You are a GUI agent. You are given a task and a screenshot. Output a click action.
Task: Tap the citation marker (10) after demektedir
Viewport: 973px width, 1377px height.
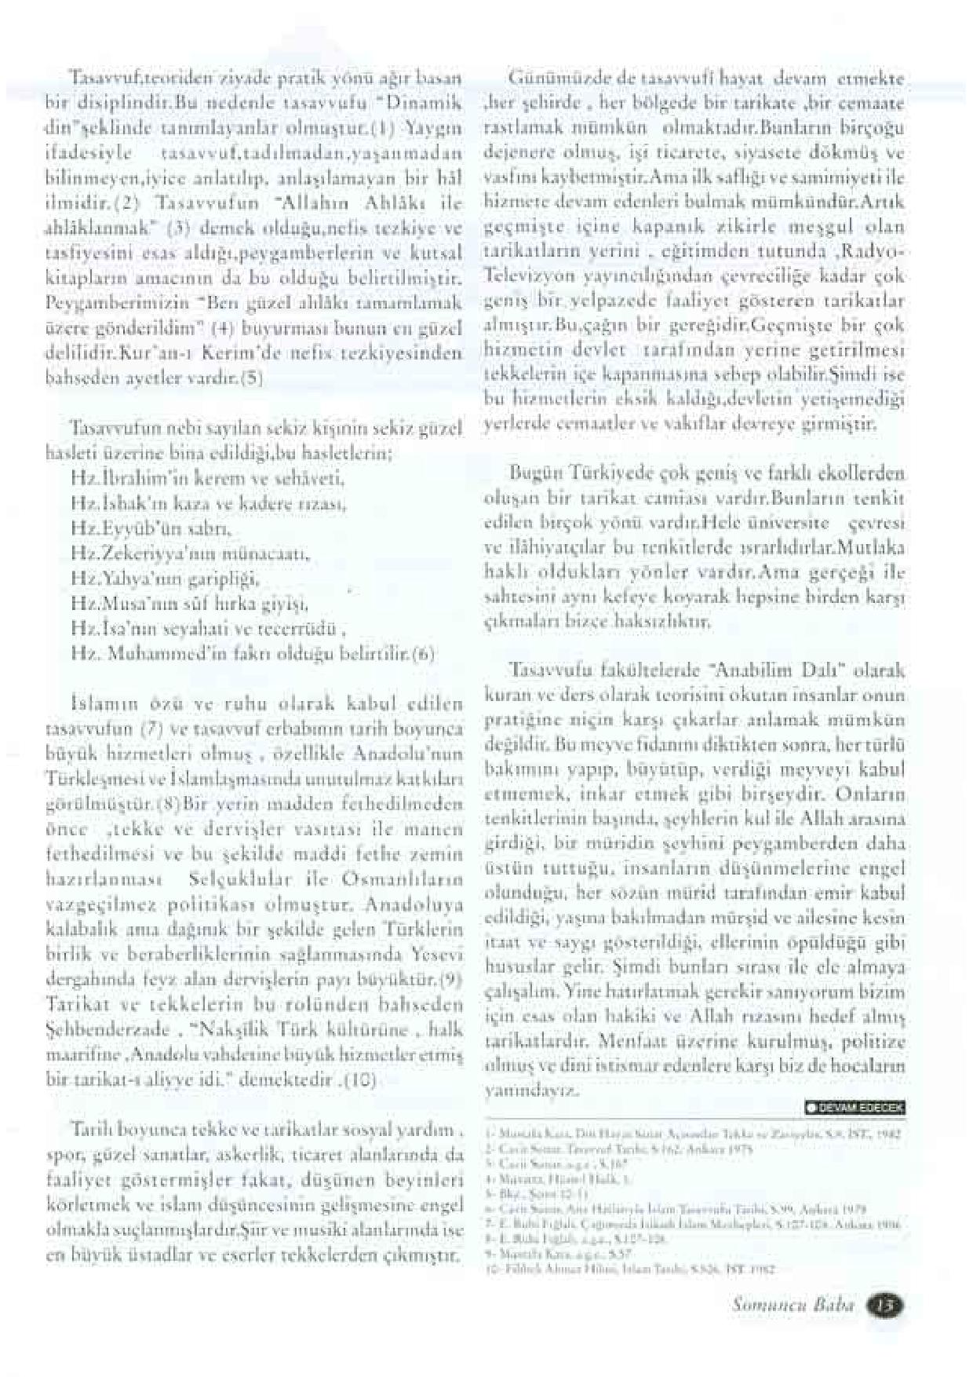[x=364, y=1082]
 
